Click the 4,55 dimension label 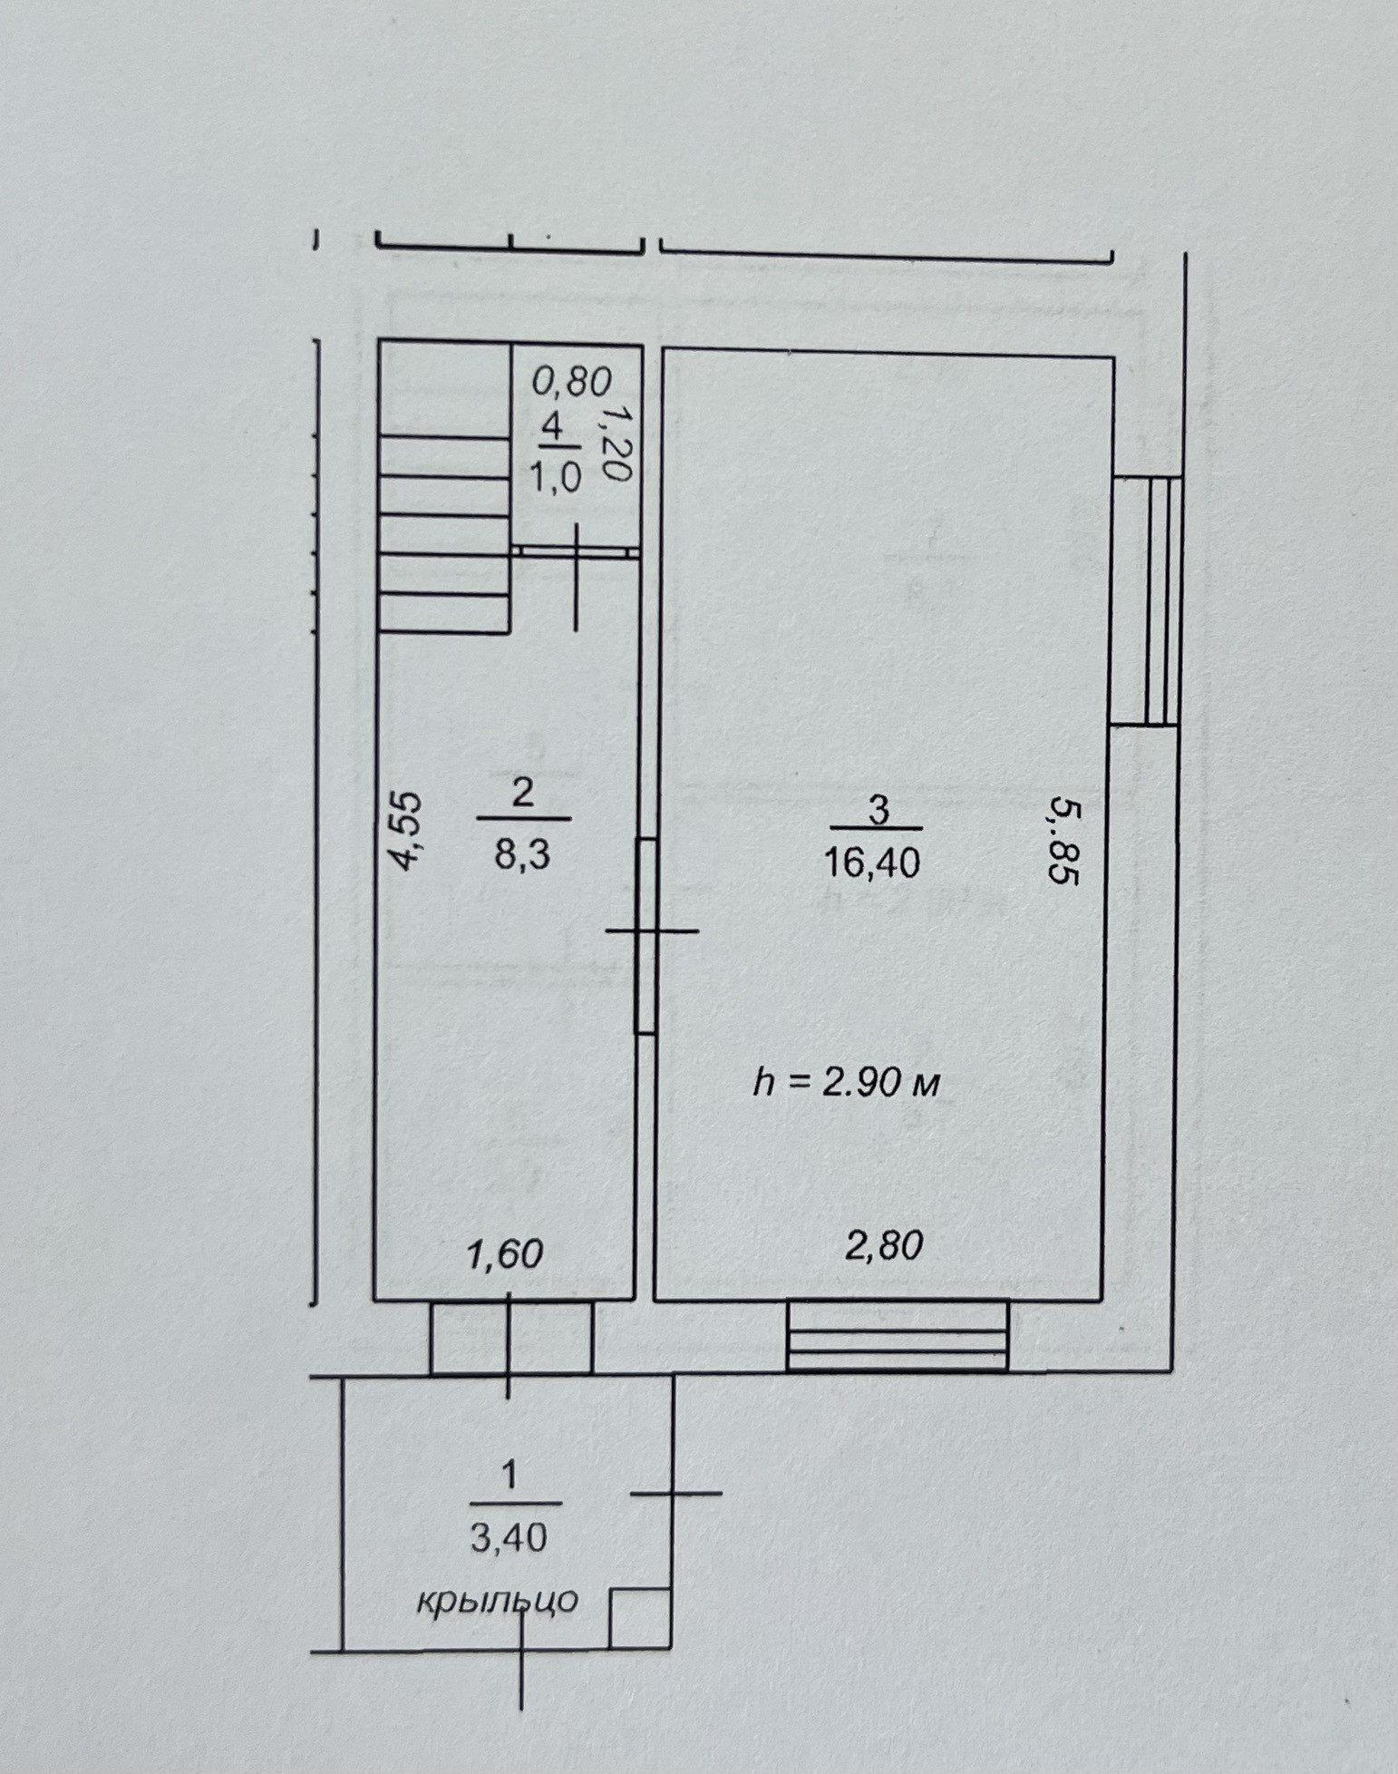pyautogui.click(x=407, y=831)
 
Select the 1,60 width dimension pyautogui.click(x=504, y=1253)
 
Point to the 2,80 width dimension pyautogui.click(x=883, y=1246)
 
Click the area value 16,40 pyautogui.click(x=871, y=863)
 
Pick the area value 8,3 pyautogui.click(x=522, y=854)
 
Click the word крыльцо pyautogui.click(x=497, y=1601)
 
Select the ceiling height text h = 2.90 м pyautogui.click(x=847, y=1082)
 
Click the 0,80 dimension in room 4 pyautogui.click(x=571, y=382)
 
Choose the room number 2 pyautogui.click(x=523, y=794)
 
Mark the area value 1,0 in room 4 pyautogui.click(x=554, y=477)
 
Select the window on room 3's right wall pyautogui.click(x=1148, y=600)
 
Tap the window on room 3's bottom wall pyautogui.click(x=897, y=1336)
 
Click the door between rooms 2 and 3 pyautogui.click(x=646, y=935)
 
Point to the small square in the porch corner pyautogui.click(x=638, y=1618)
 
